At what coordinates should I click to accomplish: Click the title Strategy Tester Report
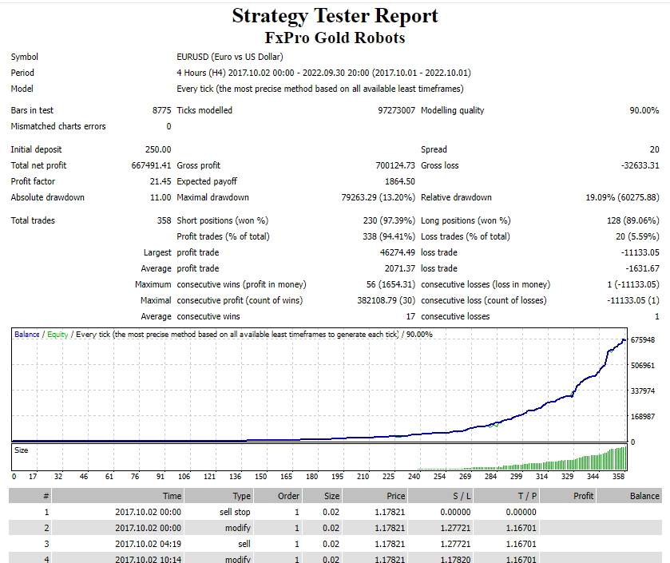[x=335, y=16]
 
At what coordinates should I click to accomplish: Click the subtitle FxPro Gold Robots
[x=335, y=38]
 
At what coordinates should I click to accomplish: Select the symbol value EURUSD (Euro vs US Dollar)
[x=230, y=57]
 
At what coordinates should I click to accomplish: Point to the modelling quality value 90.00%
[x=644, y=110]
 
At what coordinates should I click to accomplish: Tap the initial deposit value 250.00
[x=158, y=149]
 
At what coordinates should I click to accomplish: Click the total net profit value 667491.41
[x=151, y=165]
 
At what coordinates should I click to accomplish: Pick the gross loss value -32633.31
[x=640, y=165]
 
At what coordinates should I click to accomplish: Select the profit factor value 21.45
[x=161, y=181]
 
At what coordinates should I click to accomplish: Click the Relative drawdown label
[x=456, y=197]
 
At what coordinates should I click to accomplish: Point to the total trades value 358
[x=164, y=220]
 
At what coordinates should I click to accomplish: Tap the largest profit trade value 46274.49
[x=398, y=252]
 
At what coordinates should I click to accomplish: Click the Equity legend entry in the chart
[x=57, y=335]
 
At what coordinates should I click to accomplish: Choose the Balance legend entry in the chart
[x=27, y=335]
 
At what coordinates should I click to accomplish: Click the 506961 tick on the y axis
[x=643, y=366]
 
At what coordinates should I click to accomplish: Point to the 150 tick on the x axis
[x=260, y=476]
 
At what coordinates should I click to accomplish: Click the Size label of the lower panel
[x=22, y=450]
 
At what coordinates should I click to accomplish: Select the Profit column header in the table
[x=583, y=496]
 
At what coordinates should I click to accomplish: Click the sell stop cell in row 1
[x=235, y=512]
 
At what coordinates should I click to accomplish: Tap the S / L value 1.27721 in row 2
[x=455, y=528]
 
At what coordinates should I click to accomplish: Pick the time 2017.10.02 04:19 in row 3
[x=149, y=544]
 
